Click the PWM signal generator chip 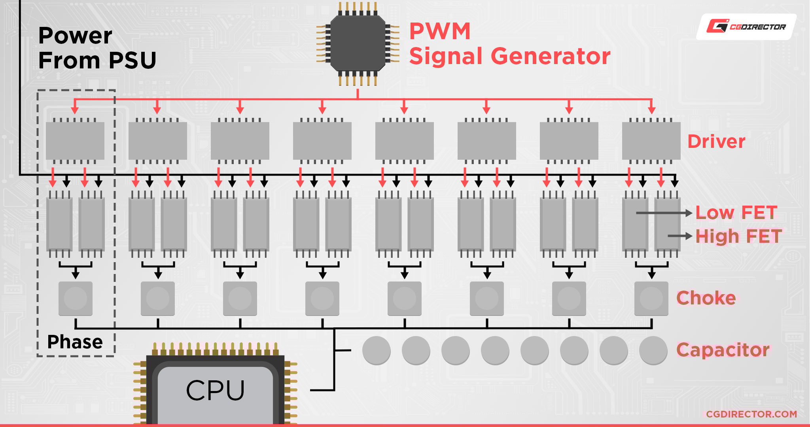(358, 43)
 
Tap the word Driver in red (716, 142)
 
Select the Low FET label (736, 212)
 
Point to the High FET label (738, 236)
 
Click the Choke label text (706, 298)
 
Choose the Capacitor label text (723, 350)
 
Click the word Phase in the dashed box (75, 342)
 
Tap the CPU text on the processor (215, 390)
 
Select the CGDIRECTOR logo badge (746, 27)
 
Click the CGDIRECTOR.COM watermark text (751, 414)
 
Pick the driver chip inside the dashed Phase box (75, 141)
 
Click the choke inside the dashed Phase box (76, 299)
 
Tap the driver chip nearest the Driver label (651, 141)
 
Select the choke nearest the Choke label (651, 299)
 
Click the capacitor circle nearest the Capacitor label (653, 350)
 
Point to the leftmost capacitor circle (377, 350)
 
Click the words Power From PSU (97, 48)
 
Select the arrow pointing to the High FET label (680, 236)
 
